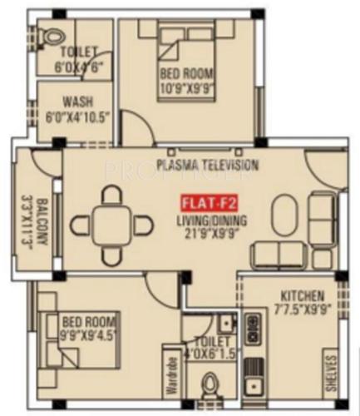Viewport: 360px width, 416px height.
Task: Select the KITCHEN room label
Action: click(302, 295)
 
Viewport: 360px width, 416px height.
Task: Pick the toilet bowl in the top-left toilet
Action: click(55, 37)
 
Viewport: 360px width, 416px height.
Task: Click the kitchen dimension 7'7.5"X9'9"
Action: click(302, 310)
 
